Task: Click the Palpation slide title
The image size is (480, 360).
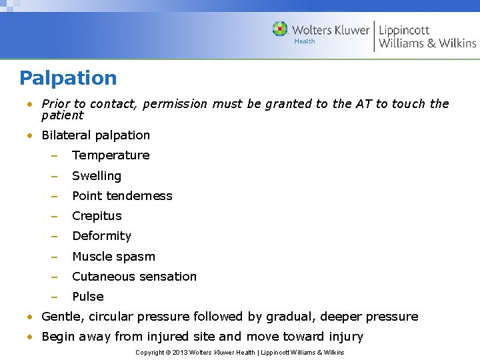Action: click(68, 78)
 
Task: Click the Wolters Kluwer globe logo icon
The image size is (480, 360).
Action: click(280, 29)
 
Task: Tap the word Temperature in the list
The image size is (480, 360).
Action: click(111, 155)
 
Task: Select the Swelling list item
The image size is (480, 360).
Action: click(97, 176)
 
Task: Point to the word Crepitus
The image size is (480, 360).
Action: click(97, 216)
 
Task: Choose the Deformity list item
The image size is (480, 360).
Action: click(101, 236)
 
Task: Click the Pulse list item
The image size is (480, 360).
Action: click(87, 297)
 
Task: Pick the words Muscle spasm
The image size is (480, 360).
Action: click(113, 257)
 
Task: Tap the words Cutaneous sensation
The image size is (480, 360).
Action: click(134, 277)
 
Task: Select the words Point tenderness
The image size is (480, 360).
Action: click(122, 196)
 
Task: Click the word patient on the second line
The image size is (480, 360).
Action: click(62, 115)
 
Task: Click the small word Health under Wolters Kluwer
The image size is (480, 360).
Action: click(304, 41)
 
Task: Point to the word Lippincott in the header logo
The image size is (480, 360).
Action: click(404, 30)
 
